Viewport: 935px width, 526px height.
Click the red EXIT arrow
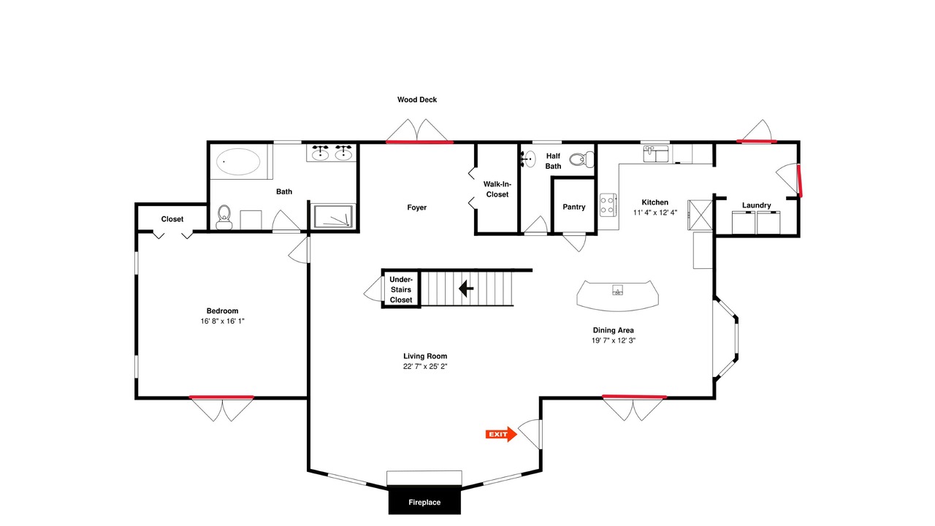tap(501, 434)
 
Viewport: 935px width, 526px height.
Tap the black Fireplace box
tap(424, 500)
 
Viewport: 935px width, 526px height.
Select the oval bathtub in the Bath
tap(238, 161)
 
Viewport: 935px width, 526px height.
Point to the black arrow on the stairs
tap(466, 289)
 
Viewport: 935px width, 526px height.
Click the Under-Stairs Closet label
tap(401, 289)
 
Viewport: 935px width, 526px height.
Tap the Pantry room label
tap(574, 207)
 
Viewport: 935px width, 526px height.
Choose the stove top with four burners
tap(608, 205)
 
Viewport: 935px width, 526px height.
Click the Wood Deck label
tap(417, 99)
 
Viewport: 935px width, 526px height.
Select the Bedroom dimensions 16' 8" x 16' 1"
tap(222, 321)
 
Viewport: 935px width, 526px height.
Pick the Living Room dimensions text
tap(425, 366)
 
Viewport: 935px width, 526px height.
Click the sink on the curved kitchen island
tap(618, 290)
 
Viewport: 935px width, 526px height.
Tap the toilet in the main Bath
tap(224, 217)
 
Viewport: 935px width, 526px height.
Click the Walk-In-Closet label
tap(497, 189)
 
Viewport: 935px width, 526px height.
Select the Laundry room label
tap(756, 205)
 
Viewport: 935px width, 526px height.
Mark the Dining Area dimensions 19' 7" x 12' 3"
tap(613, 340)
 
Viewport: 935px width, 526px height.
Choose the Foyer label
tap(417, 207)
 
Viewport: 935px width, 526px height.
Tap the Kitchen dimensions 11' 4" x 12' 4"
tap(655, 213)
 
